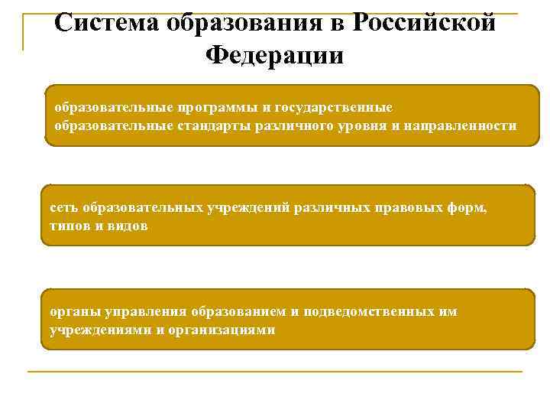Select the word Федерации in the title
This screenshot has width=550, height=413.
click(x=275, y=56)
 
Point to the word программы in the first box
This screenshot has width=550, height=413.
click(x=212, y=106)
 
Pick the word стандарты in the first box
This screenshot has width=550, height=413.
click(x=202, y=125)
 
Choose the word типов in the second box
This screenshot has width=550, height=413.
click(x=68, y=226)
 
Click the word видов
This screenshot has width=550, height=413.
click(x=124, y=226)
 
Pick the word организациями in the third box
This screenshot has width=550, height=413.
click(x=223, y=330)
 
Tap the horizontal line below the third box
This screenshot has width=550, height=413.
click(x=275, y=372)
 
